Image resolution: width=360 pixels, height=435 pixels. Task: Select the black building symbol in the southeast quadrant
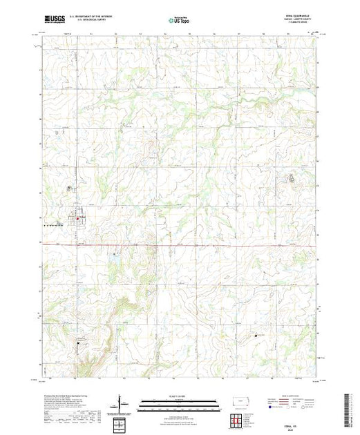pos(257,335)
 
